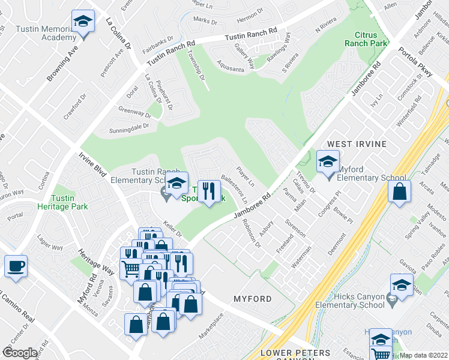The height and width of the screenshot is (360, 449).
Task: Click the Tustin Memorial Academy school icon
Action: click(x=82, y=22)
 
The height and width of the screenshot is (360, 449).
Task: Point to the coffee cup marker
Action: click(x=16, y=266)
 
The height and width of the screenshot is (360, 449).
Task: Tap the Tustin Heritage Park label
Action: click(x=70, y=202)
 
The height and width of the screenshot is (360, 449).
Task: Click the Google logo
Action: click(x=20, y=353)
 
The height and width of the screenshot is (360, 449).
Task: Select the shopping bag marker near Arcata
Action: click(x=399, y=193)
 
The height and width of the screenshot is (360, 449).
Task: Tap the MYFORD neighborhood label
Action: click(x=252, y=298)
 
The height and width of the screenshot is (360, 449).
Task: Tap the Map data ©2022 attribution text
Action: click(x=424, y=355)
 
